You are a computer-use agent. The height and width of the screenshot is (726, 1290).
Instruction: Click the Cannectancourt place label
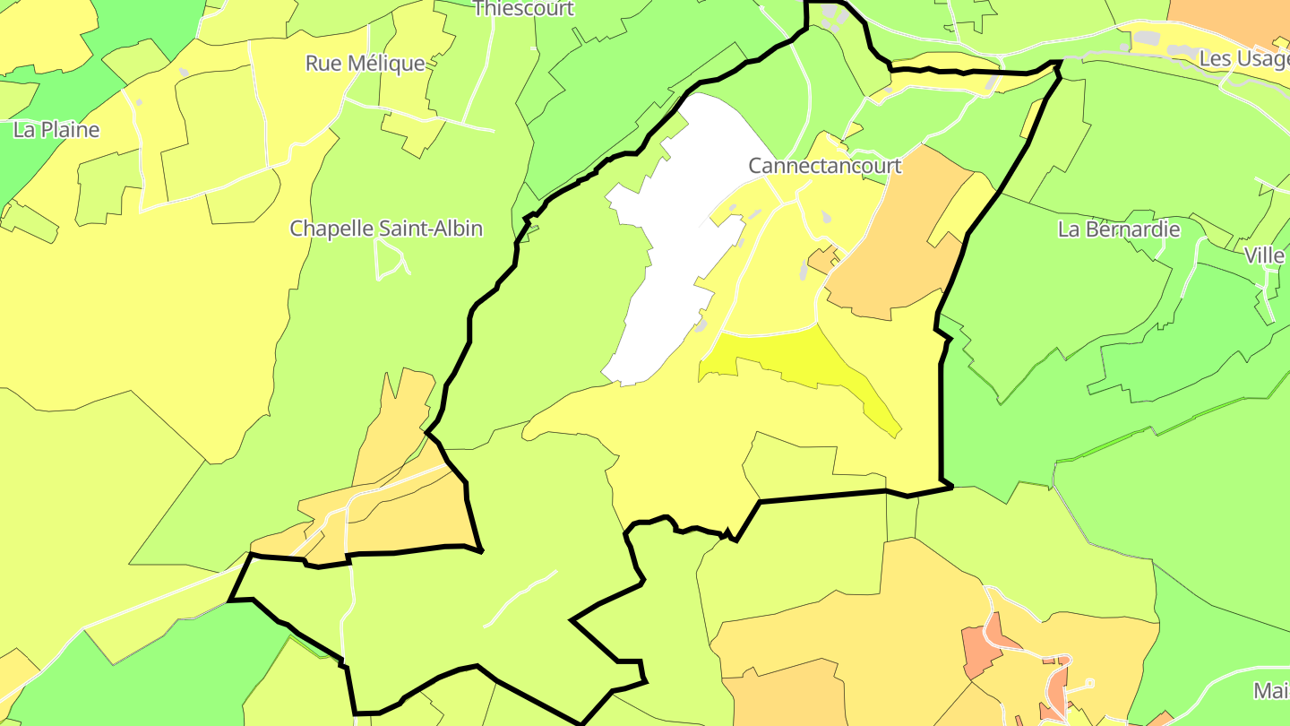pos(824,166)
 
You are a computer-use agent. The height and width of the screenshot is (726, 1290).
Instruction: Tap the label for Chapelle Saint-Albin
pos(386,229)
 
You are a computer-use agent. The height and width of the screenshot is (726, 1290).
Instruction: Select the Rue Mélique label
pos(365,64)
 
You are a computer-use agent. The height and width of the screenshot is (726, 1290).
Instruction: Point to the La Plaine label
pos(56,130)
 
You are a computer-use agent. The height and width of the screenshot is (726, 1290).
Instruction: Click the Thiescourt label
pos(523,9)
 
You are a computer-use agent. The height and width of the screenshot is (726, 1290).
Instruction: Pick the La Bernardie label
pos(1119,229)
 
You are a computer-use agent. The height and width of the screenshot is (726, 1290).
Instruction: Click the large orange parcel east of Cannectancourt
pos(896,242)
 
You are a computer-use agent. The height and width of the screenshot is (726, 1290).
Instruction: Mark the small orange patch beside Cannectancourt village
pos(822,261)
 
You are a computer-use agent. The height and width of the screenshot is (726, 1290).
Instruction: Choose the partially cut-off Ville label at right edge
pos(1264,256)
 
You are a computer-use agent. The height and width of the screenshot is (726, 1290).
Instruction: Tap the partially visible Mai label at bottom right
pos(1269,691)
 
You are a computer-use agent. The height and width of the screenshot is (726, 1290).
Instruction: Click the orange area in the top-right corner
pos(1236,18)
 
